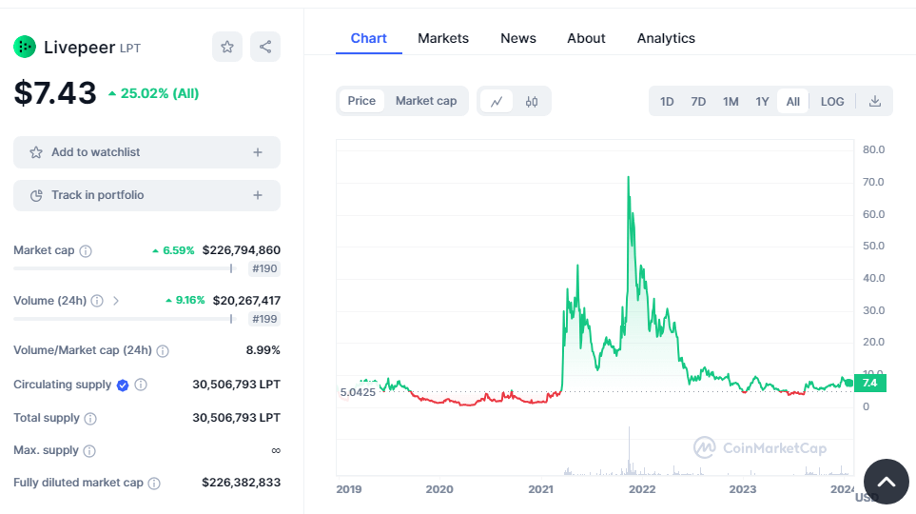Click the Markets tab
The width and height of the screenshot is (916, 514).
click(x=443, y=38)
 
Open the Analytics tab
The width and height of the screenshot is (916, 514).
click(x=666, y=38)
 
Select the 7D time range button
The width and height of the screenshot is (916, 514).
click(x=698, y=101)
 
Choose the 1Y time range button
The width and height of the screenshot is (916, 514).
click(x=762, y=101)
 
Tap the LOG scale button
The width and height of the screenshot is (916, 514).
click(x=832, y=101)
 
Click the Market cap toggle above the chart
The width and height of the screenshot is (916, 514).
click(x=426, y=101)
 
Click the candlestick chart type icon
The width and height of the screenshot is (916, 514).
click(x=532, y=101)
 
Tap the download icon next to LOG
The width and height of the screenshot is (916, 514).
click(x=875, y=101)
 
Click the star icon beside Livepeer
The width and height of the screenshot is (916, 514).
click(x=227, y=47)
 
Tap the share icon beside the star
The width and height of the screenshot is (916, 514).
click(x=265, y=47)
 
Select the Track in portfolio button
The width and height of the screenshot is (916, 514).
click(x=146, y=195)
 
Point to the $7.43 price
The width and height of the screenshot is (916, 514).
click(x=55, y=93)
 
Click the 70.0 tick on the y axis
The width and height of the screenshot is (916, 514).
click(x=873, y=182)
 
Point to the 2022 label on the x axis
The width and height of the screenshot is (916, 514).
click(x=642, y=489)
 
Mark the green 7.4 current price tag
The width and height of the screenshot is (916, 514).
click(x=869, y=383)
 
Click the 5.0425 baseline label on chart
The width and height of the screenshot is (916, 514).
click(x=359, y=392)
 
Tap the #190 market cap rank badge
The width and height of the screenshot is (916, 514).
click(x=264, y=269)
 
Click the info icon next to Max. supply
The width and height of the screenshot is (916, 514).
click(x=88, y=450)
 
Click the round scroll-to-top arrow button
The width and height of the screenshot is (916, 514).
click(x=886, y=482)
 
